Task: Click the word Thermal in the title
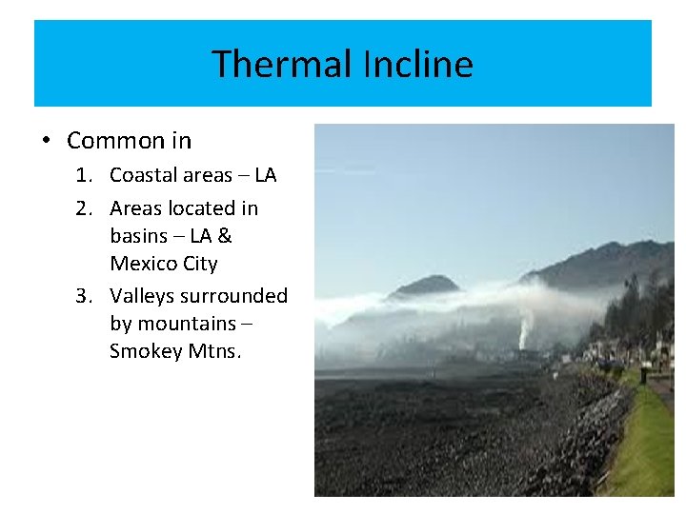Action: (x=283, y=65)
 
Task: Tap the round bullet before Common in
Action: (x=46, y=141)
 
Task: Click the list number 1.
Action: (x=84, y=176)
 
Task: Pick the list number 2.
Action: (x=84, y=208)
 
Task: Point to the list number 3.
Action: (x=84, y=296)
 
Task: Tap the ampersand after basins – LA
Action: (x=225, y=236)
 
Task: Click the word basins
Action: (x=140, y=236)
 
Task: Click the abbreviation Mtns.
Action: (x=216, y=351)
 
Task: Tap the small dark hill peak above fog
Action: (x=426, y=285)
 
